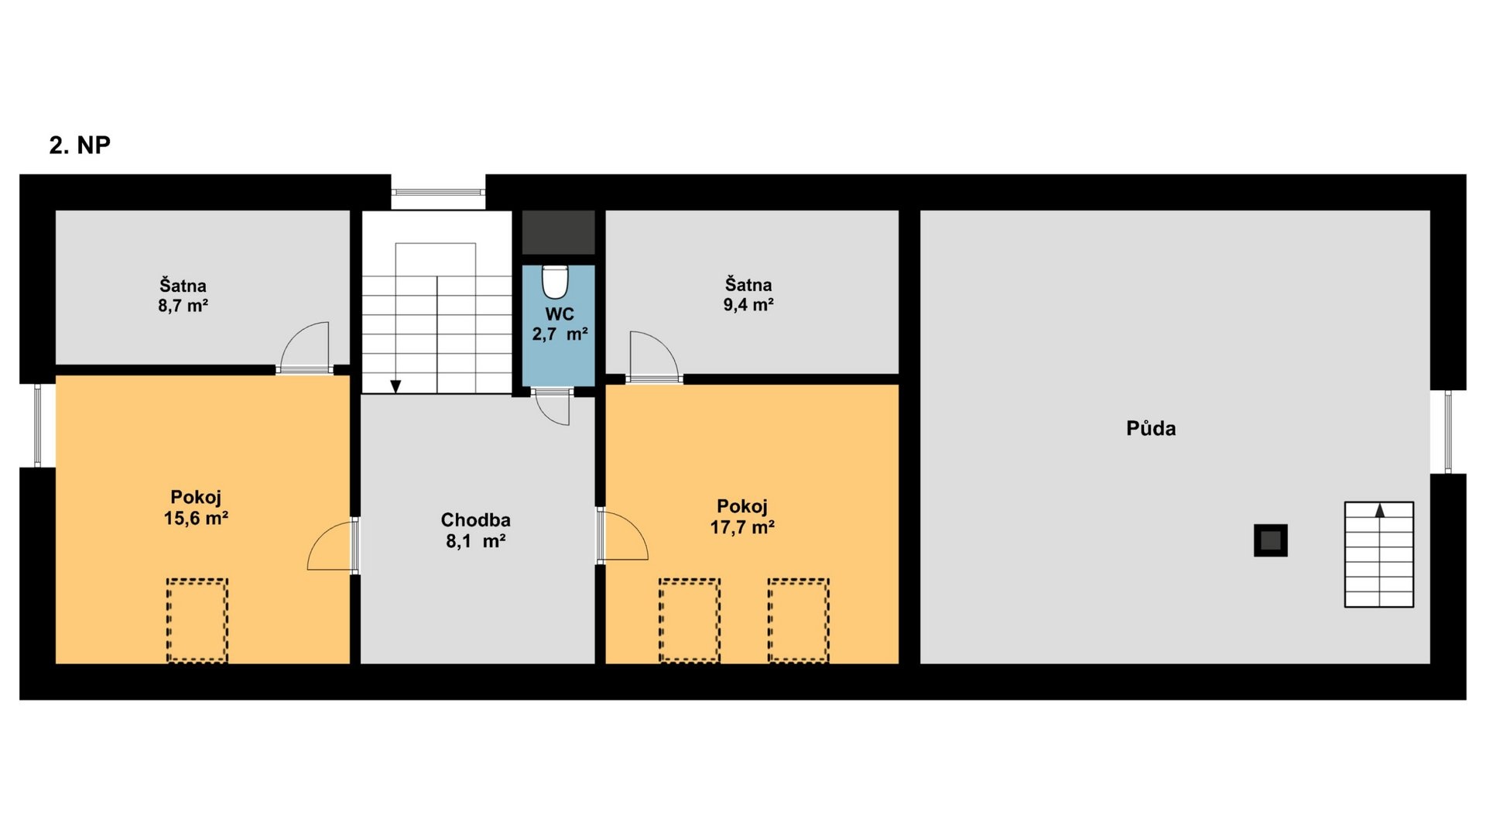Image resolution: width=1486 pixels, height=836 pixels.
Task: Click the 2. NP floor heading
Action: point(80,145)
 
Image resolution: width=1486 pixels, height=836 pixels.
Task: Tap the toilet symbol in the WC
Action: point(555,282)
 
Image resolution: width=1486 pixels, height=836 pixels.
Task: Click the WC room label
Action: point(560,314)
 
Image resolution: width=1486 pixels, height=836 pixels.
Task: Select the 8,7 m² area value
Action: point(183,306)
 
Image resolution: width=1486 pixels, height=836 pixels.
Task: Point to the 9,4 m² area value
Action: point(748,305)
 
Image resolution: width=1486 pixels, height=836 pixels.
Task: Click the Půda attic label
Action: point(1151,428)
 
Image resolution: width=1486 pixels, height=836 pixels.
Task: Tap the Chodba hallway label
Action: point(475,520)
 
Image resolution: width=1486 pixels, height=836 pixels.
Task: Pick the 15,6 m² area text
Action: point(196,519)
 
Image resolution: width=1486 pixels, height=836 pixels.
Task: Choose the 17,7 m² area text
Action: point(743,528)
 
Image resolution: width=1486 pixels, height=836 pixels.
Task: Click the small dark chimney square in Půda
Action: point(1271,540)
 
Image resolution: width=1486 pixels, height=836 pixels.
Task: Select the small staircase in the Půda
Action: point(1379,554)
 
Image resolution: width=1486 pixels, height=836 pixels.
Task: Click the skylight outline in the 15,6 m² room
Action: point(197,621)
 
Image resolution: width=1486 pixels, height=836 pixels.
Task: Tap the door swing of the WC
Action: point(553,409)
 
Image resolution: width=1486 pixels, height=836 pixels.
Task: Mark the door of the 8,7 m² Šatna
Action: point(304,349)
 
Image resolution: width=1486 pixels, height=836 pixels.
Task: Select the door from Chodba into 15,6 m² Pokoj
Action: point(333,545)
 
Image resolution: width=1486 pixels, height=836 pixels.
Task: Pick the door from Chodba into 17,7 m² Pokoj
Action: point(622,534)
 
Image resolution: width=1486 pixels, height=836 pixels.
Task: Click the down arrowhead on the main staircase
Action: point(395,386)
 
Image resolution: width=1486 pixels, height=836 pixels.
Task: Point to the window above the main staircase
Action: point(438,192)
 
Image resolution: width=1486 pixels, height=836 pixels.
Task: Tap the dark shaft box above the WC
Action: point(559,232)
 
